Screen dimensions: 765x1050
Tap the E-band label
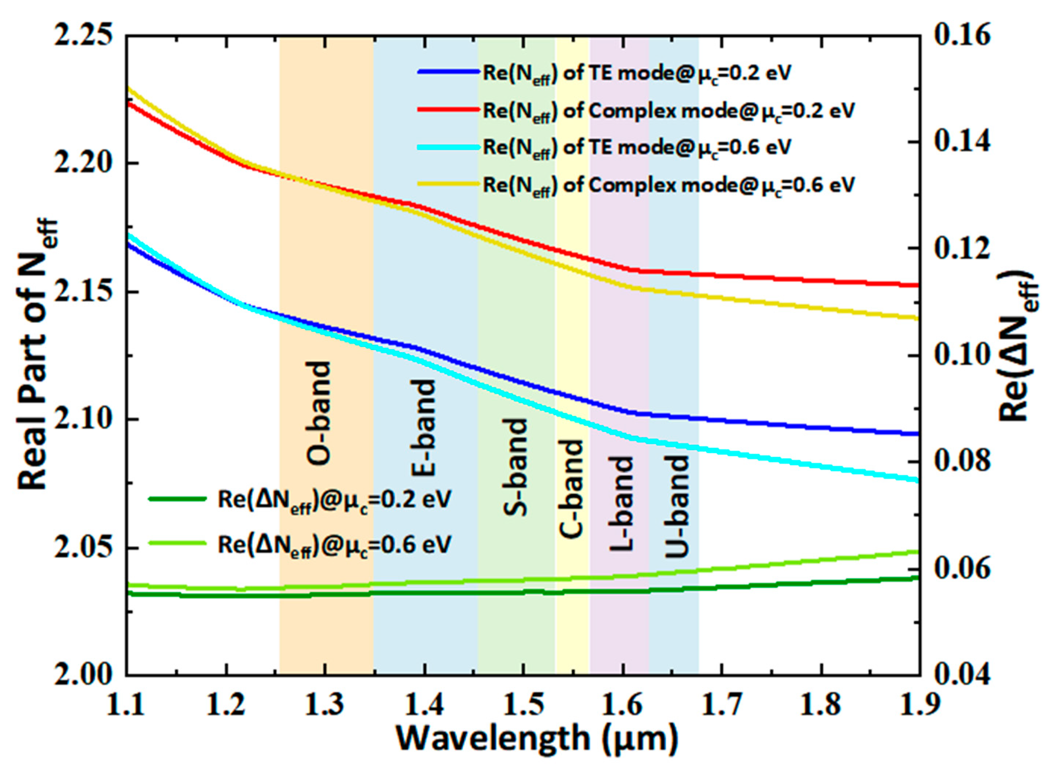click(x=423, y=427)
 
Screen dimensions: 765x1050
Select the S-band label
click(x=515, y=467)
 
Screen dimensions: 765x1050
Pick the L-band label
click(x=621, y=504)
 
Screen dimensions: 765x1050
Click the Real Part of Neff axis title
click(x=38, y=354)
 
